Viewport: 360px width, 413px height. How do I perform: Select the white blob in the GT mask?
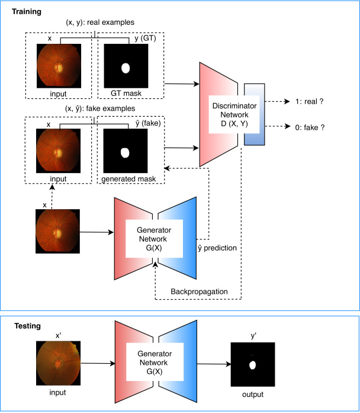(125, 68)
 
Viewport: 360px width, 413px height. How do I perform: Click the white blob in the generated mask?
(125, 153)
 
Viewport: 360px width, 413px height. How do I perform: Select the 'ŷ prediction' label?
(218, 247)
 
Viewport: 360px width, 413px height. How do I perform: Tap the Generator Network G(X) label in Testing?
(151, 363)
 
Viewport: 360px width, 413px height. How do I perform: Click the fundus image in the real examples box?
(57, 67)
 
